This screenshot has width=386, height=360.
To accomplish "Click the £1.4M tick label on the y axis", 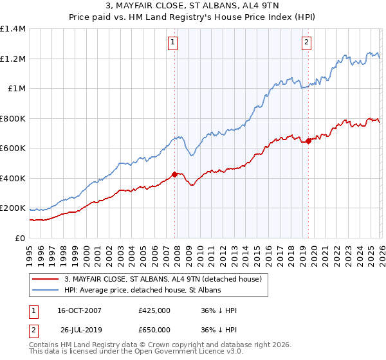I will (13, 29).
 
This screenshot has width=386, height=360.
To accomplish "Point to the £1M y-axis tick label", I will (17, 89).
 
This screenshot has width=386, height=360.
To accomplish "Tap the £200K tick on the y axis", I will (13, 208).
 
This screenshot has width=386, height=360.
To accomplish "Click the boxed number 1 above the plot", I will (174, 43).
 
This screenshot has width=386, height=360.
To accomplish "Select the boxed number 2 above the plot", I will (307, 43).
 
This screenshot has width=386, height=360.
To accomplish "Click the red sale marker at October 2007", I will (174, 174).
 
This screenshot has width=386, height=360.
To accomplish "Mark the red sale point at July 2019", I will (308, 141).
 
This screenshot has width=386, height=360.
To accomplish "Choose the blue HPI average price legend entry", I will (142, 291).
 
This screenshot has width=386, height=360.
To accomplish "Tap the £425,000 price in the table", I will (154, 310).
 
